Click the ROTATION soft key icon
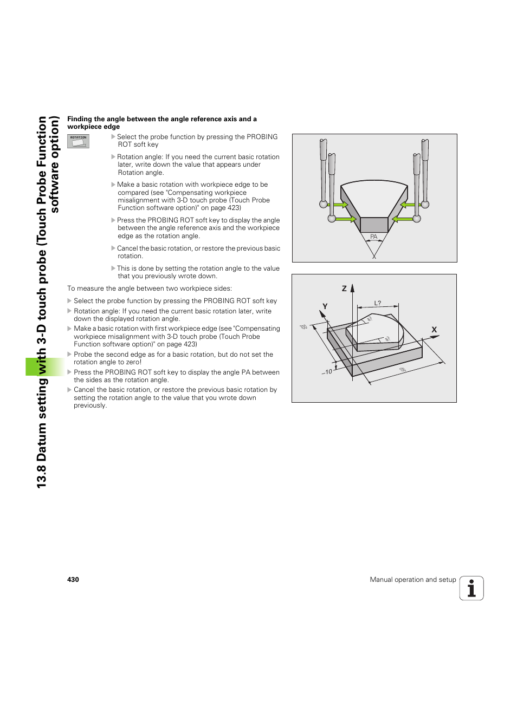click(x=78, y=141)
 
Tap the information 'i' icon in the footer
click(x=471, y=588)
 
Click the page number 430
click(x=73, y=580)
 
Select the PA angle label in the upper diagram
click(x=373, y=237)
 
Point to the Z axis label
click(x=344, y=289)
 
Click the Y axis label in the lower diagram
click(x=325, y=306)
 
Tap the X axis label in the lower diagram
click(x=434, y=330)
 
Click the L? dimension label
click(x=378, y=303)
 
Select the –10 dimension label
click(x=327, y=372)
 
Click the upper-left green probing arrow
click(x=340, y=205)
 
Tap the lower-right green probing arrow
click(x=403, y=219)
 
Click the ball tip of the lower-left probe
click(x=332, y=219)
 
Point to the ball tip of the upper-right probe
click(x=425, y=205)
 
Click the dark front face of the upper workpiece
click(x=374, y=225)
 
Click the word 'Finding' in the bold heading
click(x=80, y=119)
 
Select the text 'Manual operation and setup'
click(x=413, y=580)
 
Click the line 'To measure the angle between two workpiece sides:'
click(x=150, y=289)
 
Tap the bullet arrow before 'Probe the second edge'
click(x=69, y=355)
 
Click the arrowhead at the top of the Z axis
click(x=352, y=287)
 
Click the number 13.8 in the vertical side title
click(x=42, y=477)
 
